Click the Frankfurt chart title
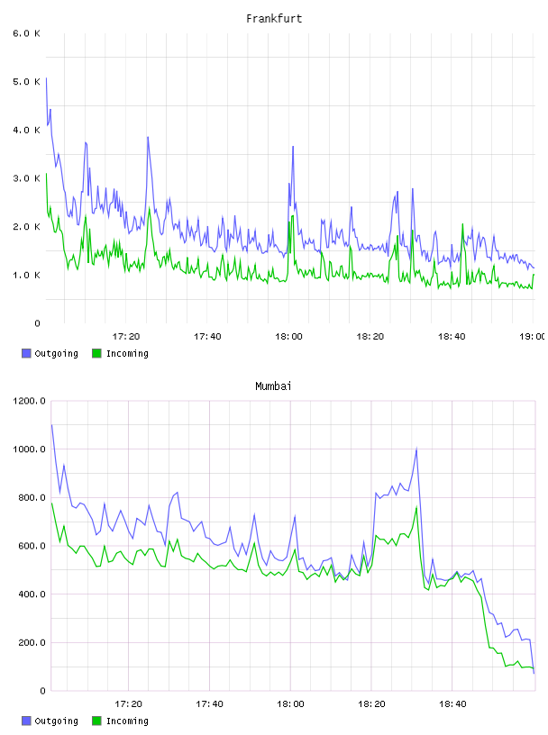coord(274,19)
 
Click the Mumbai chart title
coord(273,386)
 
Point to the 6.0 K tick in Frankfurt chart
coord(27,33)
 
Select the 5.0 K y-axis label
coord(27,82)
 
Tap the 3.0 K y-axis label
coord(27,178)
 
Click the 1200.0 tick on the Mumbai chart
coord(30,401)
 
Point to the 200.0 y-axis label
coord(32,642)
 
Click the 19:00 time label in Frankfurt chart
coord(533,336)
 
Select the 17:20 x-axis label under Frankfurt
coord(126,336)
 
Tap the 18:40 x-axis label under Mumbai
coord(452,703)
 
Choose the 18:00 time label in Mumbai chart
coord(290,703)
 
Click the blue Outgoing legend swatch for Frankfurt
coord(26,353)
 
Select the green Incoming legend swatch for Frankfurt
coord(96,353)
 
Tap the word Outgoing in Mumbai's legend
coord(56,721)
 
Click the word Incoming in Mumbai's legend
coord(127,721)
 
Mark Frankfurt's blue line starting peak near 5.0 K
coord(46,78)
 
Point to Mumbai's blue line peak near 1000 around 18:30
coord(416,449)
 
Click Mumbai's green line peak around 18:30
coord(416,507)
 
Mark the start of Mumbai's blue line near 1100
coord(51,424)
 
